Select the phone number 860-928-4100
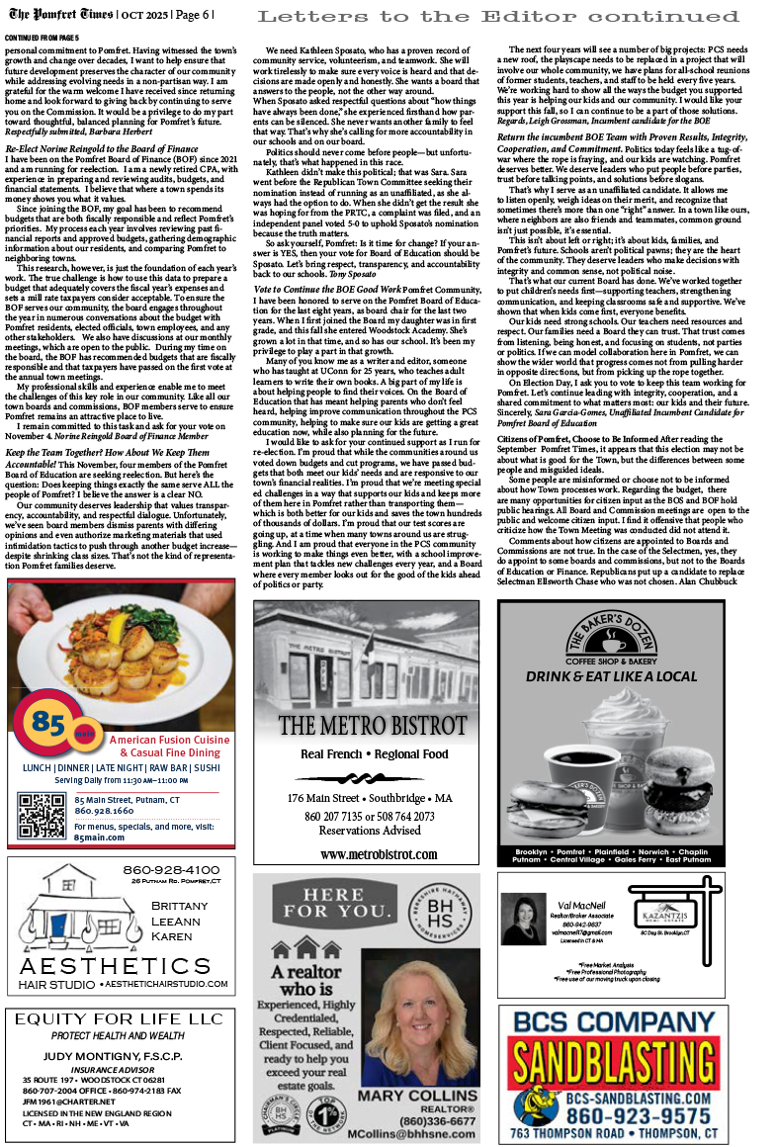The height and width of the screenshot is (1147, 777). click(x=171, y=870)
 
